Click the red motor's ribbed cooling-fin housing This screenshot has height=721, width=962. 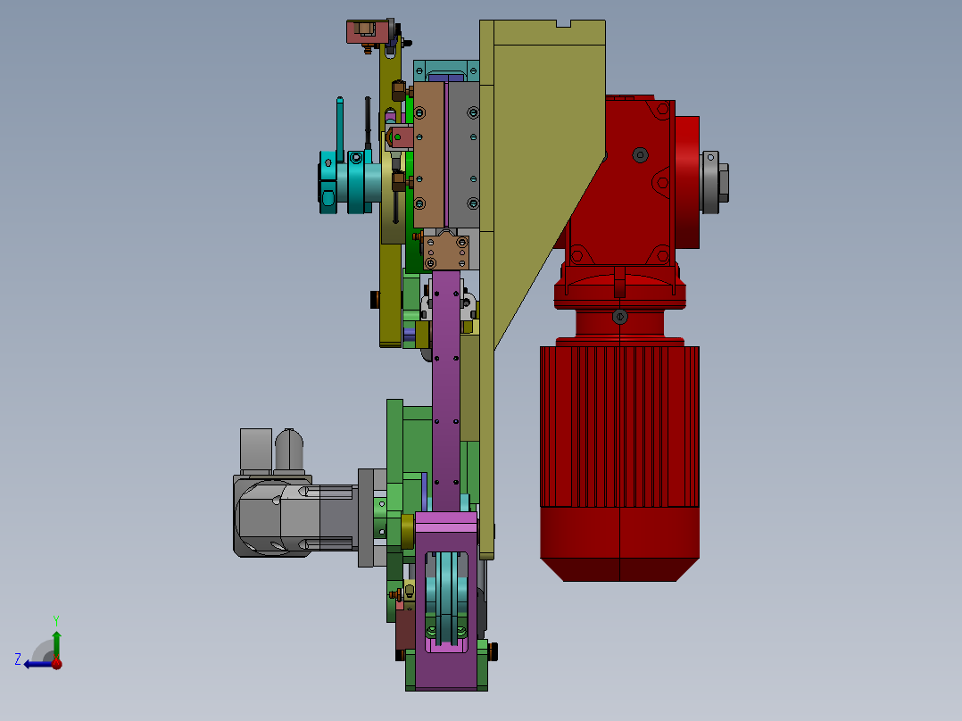[619, 427]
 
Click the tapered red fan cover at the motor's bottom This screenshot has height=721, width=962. [619, 544]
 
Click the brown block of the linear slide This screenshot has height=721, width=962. [429, 155]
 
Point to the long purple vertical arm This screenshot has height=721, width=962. [446, 393]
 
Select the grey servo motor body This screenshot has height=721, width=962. [294, 517]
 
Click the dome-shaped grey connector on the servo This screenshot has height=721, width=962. [289, 450]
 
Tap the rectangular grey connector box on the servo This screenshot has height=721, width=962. [256, 450]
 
